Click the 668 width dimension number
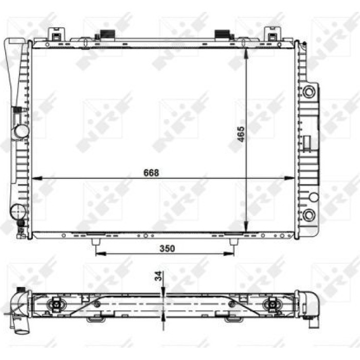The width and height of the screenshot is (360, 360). click(x=151, y=173)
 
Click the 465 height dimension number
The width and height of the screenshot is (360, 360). click(x=241, y=134)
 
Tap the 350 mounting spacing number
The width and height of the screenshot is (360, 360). click(x=167, y=248)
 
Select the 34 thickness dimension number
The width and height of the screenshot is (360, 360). click(x=158, y=276)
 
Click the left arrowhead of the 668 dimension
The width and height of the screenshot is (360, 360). click(x=37, y=178)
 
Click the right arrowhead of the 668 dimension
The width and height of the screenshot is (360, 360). click(x=289, y=178)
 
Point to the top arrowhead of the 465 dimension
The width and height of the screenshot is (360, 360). click(x=246, y=53)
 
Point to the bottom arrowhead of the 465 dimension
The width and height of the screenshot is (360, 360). click(x=246, y=227)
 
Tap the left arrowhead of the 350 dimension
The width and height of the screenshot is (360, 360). click(x=101, y=254)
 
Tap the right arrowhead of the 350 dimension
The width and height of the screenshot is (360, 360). click(x=229, y=254)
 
